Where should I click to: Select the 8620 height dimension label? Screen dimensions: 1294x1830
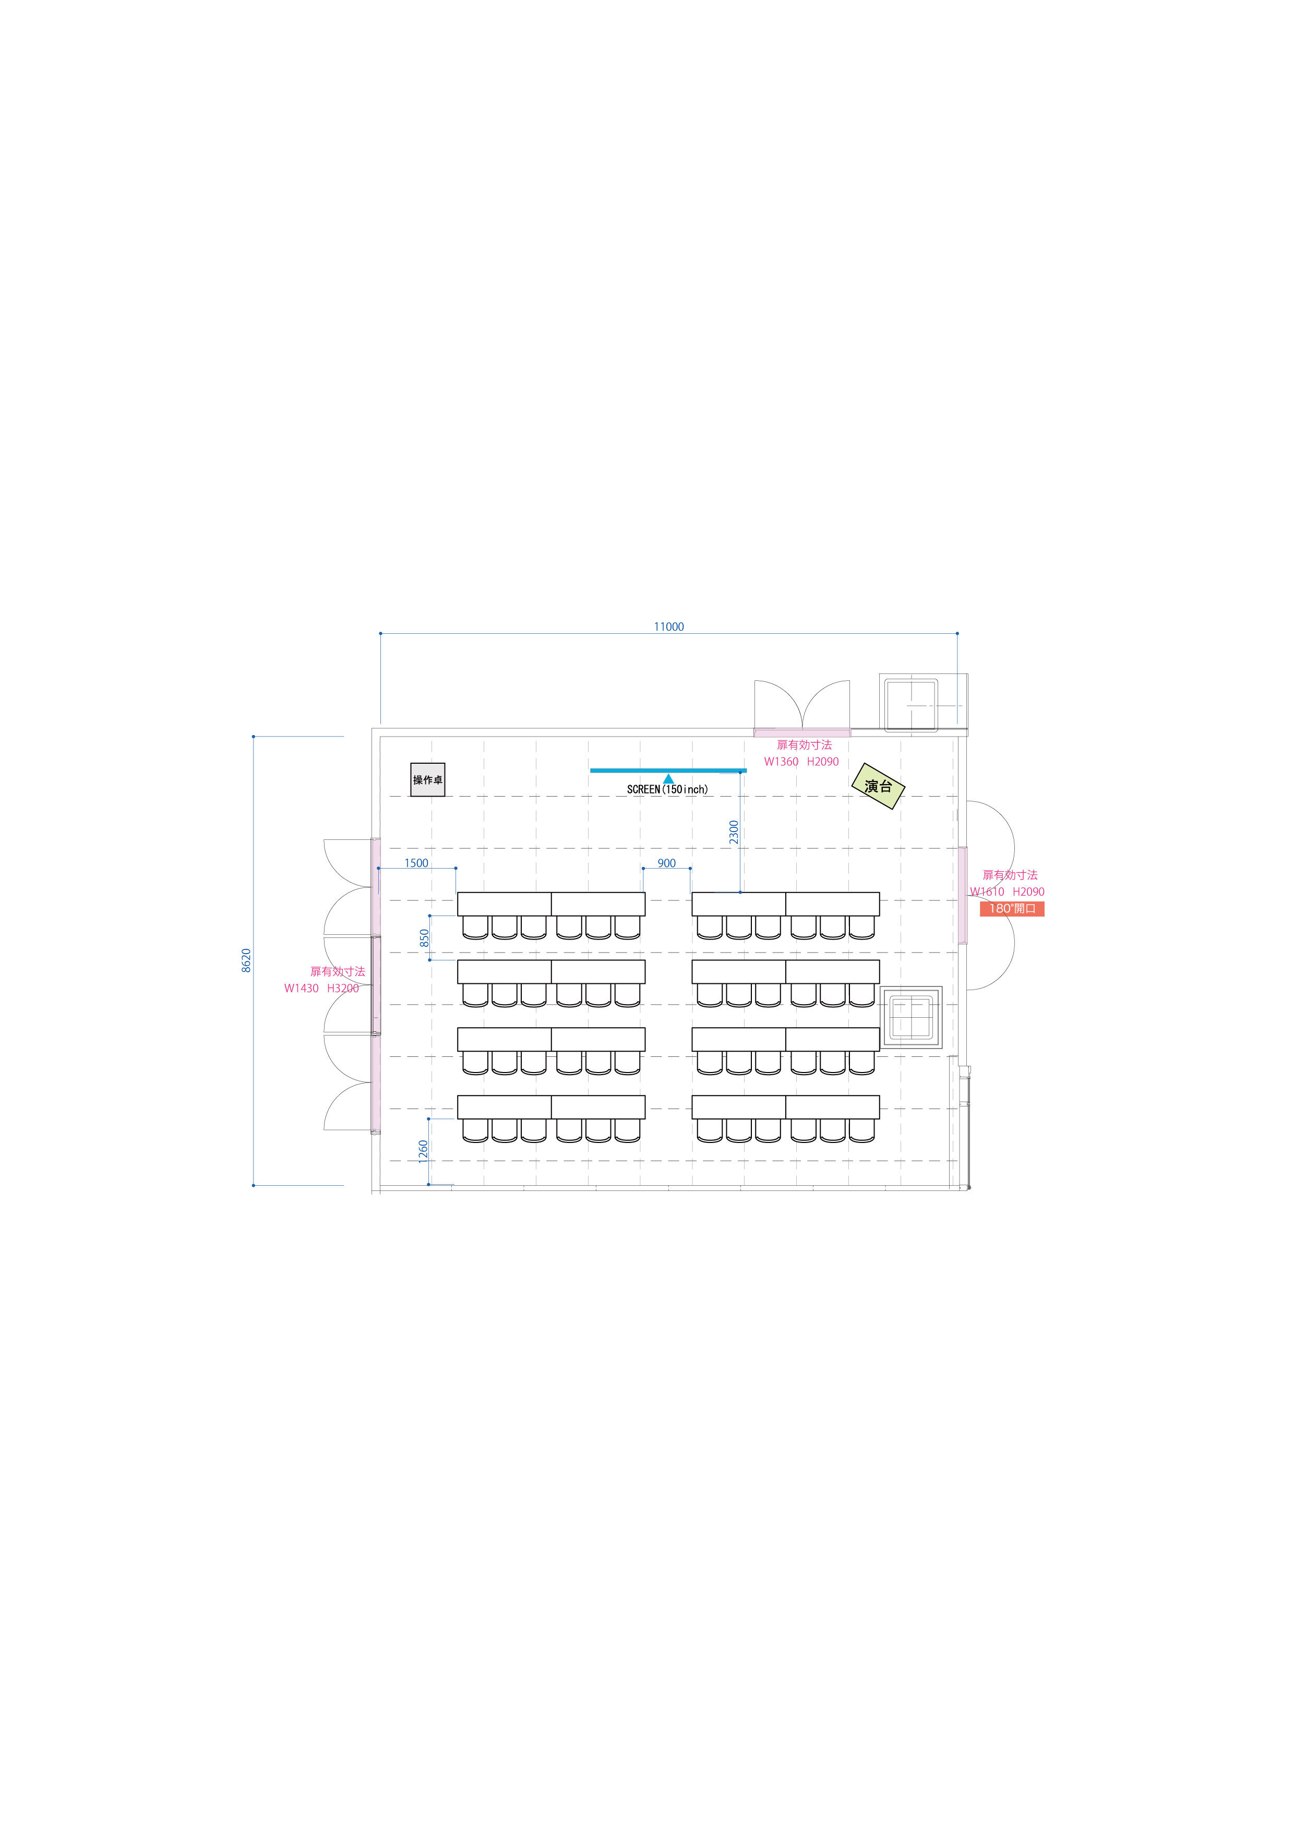click(246, 960)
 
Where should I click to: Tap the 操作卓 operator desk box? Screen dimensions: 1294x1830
click(427, 779)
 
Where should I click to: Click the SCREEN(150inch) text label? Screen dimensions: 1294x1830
click(667, 789)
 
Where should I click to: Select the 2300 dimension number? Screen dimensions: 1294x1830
click(734, 832)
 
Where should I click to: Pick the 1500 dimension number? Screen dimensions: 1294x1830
click(416, 863)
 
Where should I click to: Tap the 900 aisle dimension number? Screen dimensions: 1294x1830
click(666, 863)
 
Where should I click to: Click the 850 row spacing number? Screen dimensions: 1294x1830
click(424, 938)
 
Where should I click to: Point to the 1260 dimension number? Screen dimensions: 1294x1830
click(423, 1151)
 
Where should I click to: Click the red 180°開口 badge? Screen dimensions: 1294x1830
click(1012, 909)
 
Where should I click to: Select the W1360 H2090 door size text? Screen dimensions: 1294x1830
click(801, 761)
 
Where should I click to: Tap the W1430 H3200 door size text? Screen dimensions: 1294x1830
click(321, 989)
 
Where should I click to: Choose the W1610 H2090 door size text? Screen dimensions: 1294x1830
click(1007, 892)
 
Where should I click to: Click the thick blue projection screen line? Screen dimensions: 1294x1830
click(668, 770)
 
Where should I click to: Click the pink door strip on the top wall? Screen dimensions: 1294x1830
click(802, 732)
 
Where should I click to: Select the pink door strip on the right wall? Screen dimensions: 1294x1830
click(962, 896)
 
